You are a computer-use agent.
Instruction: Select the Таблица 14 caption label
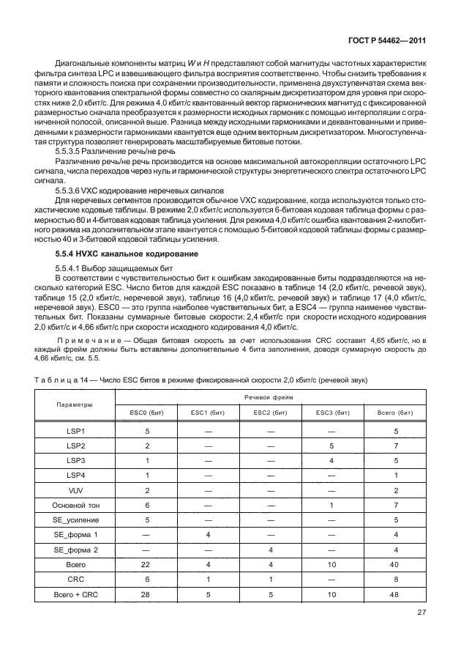coord(59,379)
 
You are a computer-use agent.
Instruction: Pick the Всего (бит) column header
coord(396,413)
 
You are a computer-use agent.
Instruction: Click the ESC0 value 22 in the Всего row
coord(147,564)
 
